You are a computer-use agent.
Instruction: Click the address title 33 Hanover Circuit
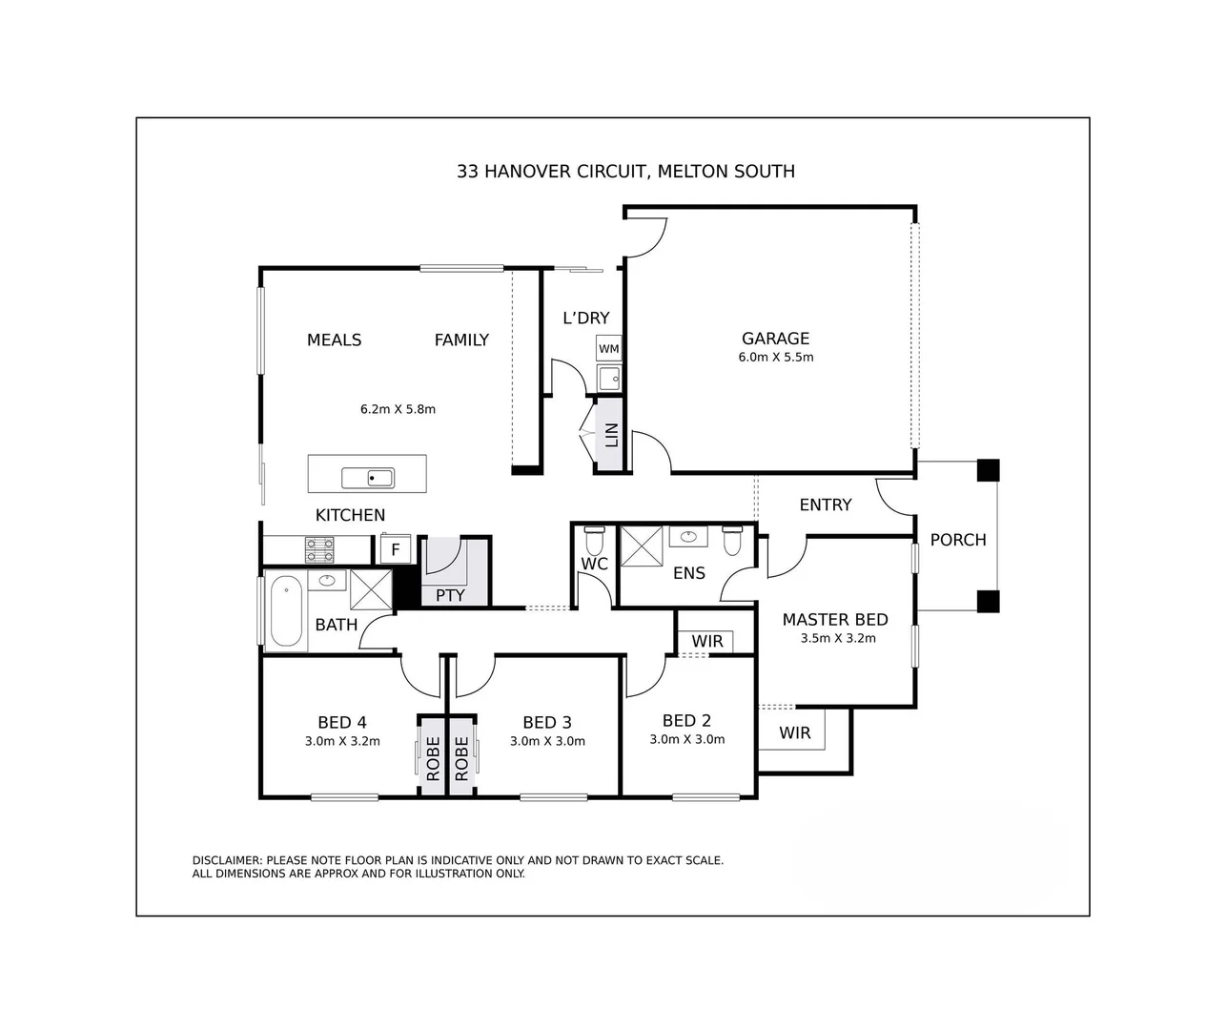625,172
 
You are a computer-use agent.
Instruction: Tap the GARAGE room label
775,339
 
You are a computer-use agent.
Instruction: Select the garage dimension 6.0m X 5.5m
775,358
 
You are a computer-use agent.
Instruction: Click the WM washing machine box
608,349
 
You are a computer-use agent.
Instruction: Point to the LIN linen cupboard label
611,435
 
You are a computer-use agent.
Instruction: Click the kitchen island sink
368,477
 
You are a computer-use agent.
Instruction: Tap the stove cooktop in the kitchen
319,549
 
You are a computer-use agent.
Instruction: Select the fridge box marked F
396,550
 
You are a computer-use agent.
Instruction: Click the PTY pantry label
450,595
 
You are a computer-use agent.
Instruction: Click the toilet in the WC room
594,541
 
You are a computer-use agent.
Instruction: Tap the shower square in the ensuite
641,546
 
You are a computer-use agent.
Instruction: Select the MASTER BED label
834,620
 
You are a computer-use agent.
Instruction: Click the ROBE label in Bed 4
433,758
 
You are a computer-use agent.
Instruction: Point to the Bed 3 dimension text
547,741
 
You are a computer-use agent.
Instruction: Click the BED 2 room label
686,721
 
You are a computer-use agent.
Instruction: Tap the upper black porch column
989,470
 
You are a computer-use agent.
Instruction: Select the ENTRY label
826,505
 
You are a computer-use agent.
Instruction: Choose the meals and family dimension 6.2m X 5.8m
398,409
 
